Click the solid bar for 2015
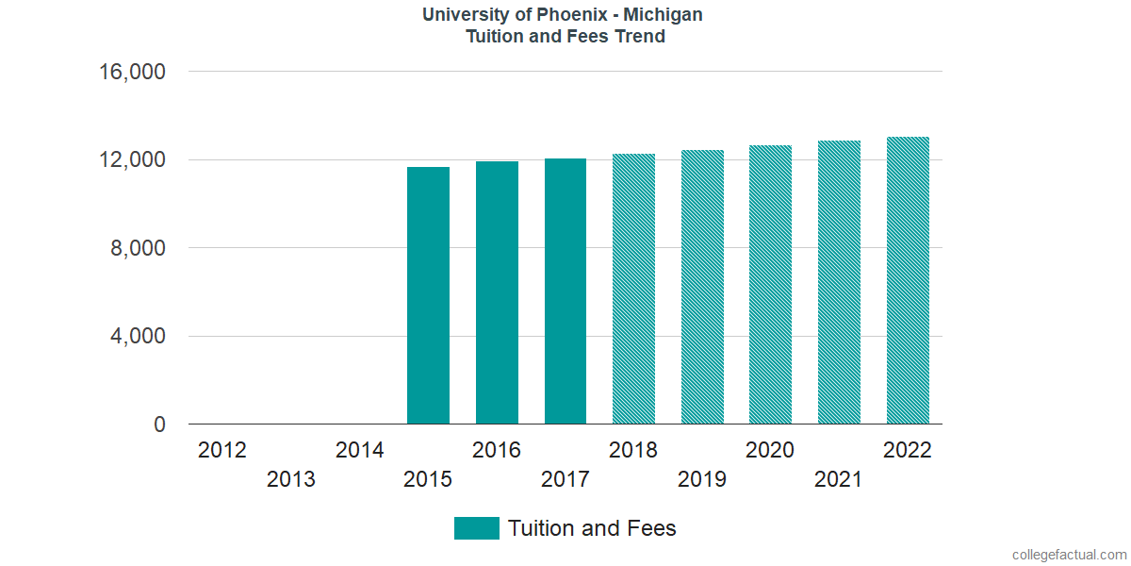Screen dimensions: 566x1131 pos(428,295)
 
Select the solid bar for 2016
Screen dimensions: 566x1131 pos(497,292)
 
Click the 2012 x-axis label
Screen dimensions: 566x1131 pos(222,450)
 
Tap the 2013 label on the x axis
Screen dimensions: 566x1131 pos(291,480)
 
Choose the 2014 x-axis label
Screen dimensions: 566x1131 pos(359,450)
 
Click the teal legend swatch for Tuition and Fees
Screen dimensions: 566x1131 pos(476,528)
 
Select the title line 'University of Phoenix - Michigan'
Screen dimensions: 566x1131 pos(564,15)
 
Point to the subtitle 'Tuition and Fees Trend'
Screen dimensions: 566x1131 pos(565,37)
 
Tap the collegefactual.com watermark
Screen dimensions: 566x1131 pos(1068,555)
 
